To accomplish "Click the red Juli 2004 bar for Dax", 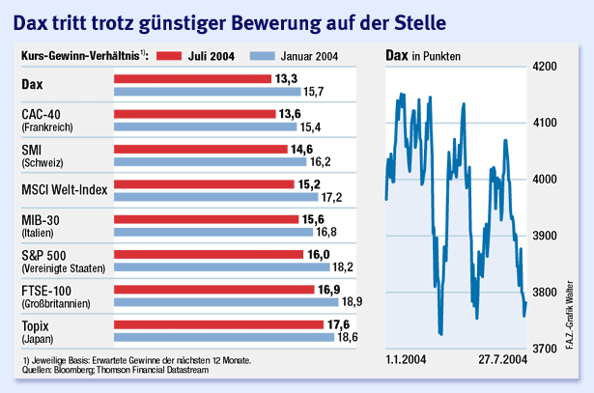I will pos(193,79).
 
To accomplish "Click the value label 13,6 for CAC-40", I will pos(289,114).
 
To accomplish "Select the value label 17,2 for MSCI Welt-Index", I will pos(333,197).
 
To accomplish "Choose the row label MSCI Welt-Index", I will pos(64,185).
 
